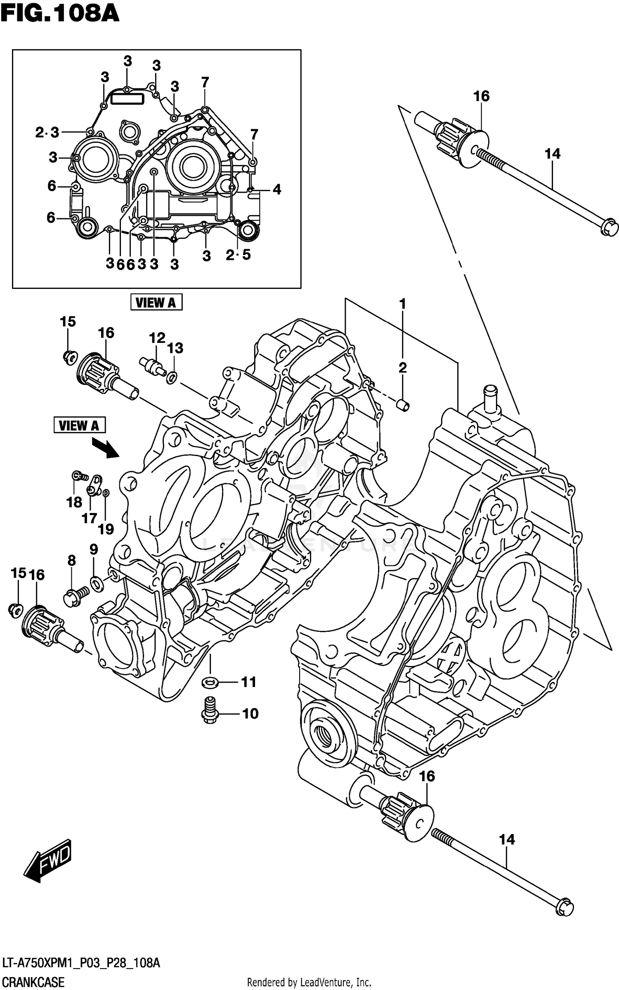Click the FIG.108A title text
click(x=60, y=14)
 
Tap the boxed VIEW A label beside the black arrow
click(x=79, y=425)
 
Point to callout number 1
click(x=402, y=304)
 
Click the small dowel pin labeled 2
click(x=404, y=405)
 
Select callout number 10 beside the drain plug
click(x=250, y=713)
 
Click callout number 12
click(x=157, y=338)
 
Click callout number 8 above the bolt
click(x=72, y=560)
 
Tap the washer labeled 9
click(x=97, y=584)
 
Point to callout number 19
click(x=106, y=529)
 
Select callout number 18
click(x=74, y=502)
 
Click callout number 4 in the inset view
click(x=277, y=189)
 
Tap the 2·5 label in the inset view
click(x=238, y=255)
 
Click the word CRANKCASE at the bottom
click(x=33, y=982)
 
